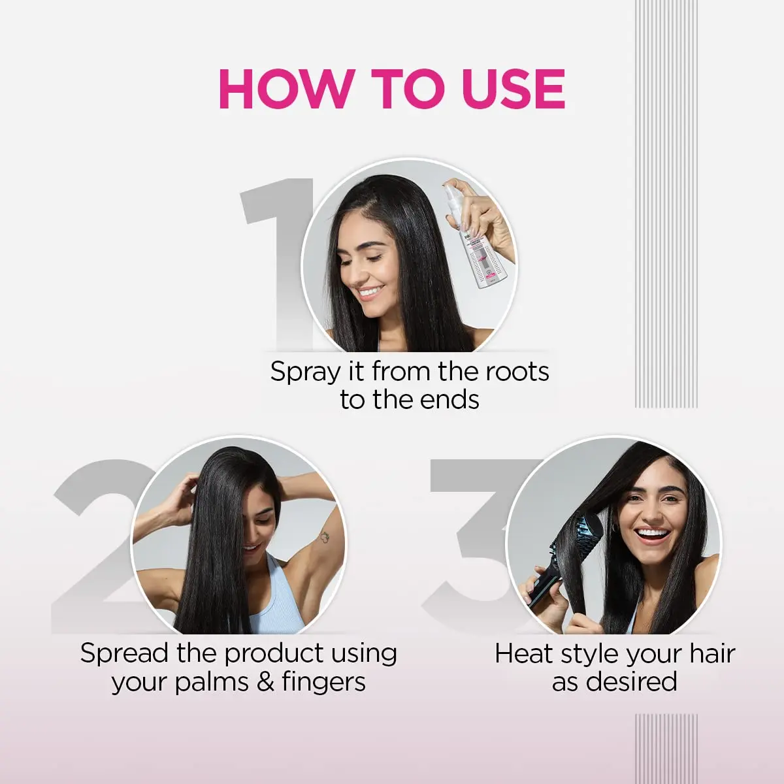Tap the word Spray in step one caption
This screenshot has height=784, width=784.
click(306, 372)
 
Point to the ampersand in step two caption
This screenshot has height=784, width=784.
click(265, 682)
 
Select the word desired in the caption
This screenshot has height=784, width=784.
click(631, 681)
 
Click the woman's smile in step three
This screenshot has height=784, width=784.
click(653, 535)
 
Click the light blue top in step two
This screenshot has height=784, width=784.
click(274, 601)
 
